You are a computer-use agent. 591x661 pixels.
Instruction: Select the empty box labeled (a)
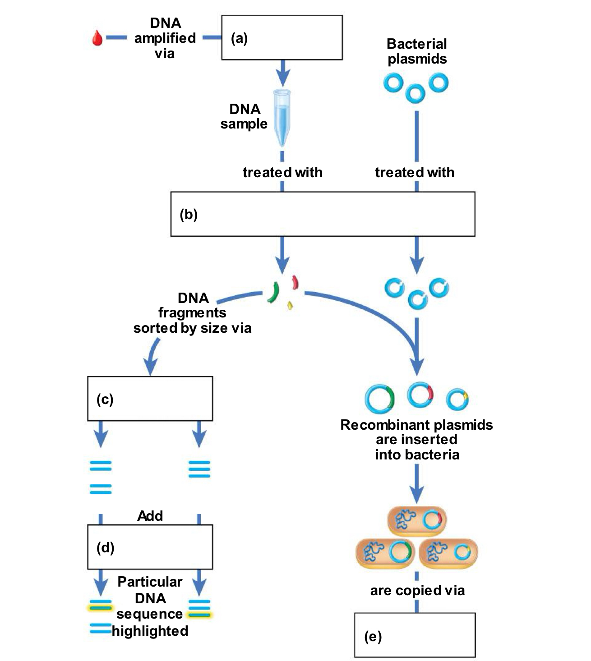(282, 37)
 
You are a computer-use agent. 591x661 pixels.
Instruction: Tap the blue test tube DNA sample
(282, 117)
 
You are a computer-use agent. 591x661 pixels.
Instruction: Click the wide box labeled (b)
(323, 214)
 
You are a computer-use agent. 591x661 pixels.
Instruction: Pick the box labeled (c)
(150, 399)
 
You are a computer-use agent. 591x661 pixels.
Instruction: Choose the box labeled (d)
(150, 547)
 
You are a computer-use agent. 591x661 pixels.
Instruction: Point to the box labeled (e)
(415, 635)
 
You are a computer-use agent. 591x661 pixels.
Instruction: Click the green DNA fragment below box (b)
(272, 292)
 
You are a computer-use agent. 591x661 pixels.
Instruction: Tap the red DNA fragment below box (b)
(295, 283)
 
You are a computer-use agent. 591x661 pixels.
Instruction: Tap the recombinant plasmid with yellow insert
(457, 400)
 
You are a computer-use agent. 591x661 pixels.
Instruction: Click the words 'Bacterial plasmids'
(417, 51)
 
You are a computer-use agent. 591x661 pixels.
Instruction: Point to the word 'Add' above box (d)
(150, 516)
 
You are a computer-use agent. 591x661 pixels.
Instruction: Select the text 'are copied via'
(417, 590)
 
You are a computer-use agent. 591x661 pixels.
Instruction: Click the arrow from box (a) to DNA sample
(283, 72)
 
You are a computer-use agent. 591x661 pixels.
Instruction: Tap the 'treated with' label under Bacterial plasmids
(415, 172)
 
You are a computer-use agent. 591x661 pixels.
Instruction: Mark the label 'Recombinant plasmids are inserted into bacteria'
(416, 440)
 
